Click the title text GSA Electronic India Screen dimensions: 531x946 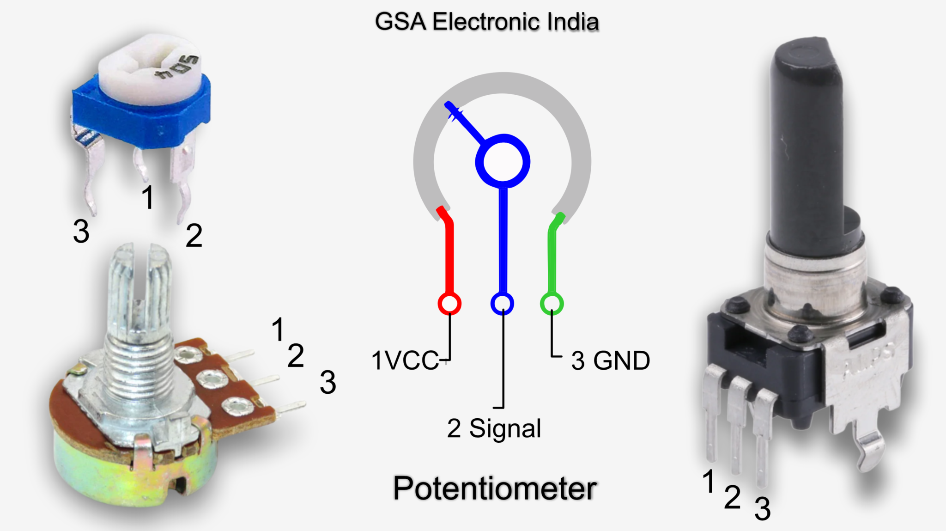486,22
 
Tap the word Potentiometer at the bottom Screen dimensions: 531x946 494,488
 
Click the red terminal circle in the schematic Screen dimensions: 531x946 449,304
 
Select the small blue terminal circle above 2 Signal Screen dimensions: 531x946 502,304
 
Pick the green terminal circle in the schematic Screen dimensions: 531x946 552,304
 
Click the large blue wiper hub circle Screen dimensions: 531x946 503,162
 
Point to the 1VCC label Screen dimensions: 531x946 405,360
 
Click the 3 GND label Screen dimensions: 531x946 610,360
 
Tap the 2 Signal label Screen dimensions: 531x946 494,428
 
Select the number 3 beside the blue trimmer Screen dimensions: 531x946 81,231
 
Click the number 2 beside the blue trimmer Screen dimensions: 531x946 194,235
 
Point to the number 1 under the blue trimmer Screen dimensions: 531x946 148,197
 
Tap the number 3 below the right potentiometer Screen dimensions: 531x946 763,509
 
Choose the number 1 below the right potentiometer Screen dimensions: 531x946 709,482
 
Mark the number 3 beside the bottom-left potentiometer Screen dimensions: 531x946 327,382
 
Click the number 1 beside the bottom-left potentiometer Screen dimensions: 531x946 278,329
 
